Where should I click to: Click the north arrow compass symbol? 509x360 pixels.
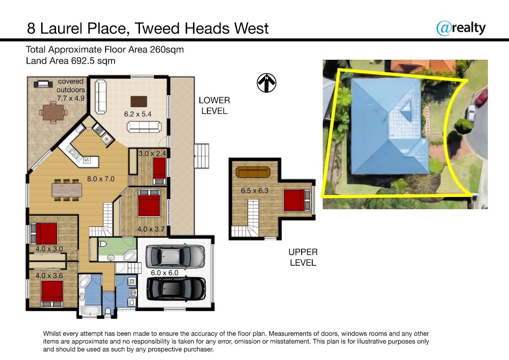click(x=266, y=83)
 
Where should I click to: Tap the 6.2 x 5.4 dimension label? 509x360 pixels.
click(x=138, y=114)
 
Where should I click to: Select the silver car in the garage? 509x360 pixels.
click(x=175, y=256)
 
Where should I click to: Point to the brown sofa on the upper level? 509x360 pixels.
click(x=253, y=172)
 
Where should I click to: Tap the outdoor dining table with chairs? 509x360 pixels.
click(x=53, y=112)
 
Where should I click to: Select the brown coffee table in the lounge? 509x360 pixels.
click(x=139, y=101)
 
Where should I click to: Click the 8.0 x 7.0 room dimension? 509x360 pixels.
click(x=101, y=179)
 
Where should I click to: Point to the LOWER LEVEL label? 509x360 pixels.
click(x=214, y=106)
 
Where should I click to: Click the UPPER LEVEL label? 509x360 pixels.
click(x=303, y=257)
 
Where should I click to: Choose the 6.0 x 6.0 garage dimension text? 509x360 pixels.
click(x=165, y=273)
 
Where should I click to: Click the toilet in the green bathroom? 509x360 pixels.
click(x=103, y=244)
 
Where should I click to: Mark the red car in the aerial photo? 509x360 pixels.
click(x=481, y=97)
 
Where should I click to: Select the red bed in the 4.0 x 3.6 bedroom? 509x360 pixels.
click(x=52, y=294)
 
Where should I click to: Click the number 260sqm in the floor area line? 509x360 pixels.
click(x=167, y=50)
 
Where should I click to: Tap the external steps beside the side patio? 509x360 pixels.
click(x=201, y=156)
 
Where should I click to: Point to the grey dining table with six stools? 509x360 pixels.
click(x=67, y=190)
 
